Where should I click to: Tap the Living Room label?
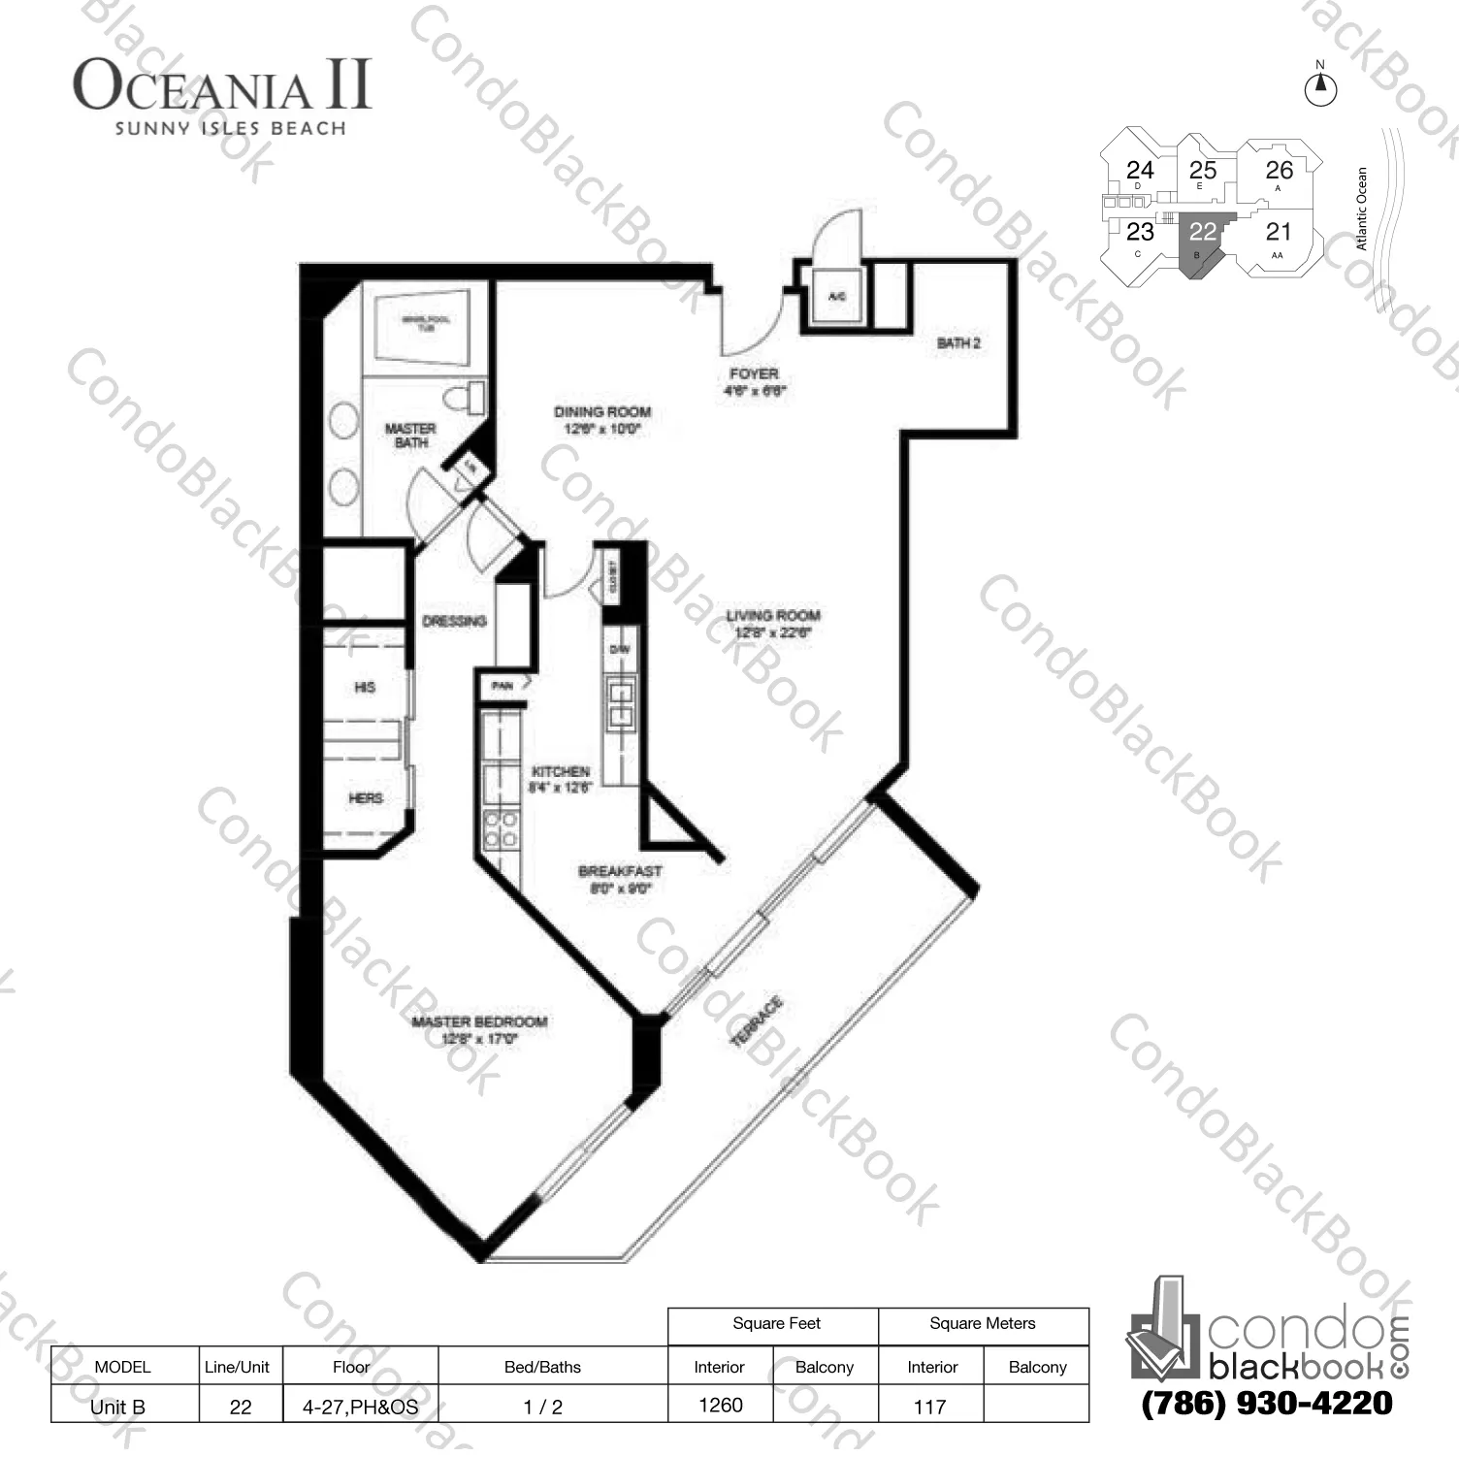[773, 623]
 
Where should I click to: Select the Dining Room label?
[602, 419]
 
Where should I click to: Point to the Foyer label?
[754, 381]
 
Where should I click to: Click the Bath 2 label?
[958, 343]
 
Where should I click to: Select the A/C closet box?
[836, 298]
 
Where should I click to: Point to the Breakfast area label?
[620, 879]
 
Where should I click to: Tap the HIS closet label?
[365, 687]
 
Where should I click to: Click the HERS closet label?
[365, 797]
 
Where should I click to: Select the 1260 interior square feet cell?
[720, 1405]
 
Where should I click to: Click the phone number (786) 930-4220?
[1267, 1404]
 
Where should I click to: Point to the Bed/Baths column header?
[542, 1367]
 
